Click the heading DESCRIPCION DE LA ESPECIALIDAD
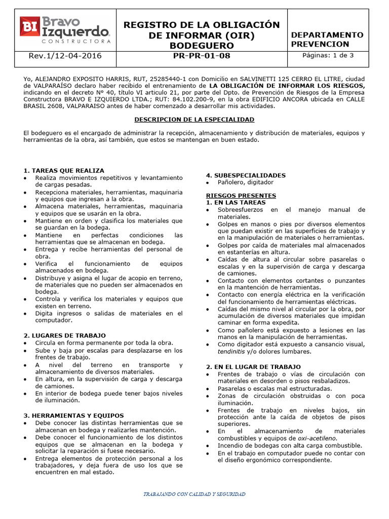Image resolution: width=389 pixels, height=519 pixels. pyautogui.click(x=194, y=119)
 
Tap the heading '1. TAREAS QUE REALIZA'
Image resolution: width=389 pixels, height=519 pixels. pyautogui.click(x=64, y=170)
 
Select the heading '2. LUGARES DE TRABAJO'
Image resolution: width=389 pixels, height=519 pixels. pyautogui.click(x=65, y=336)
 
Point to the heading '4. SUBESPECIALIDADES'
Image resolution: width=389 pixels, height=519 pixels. pyautogui.click(x=246, y=175)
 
